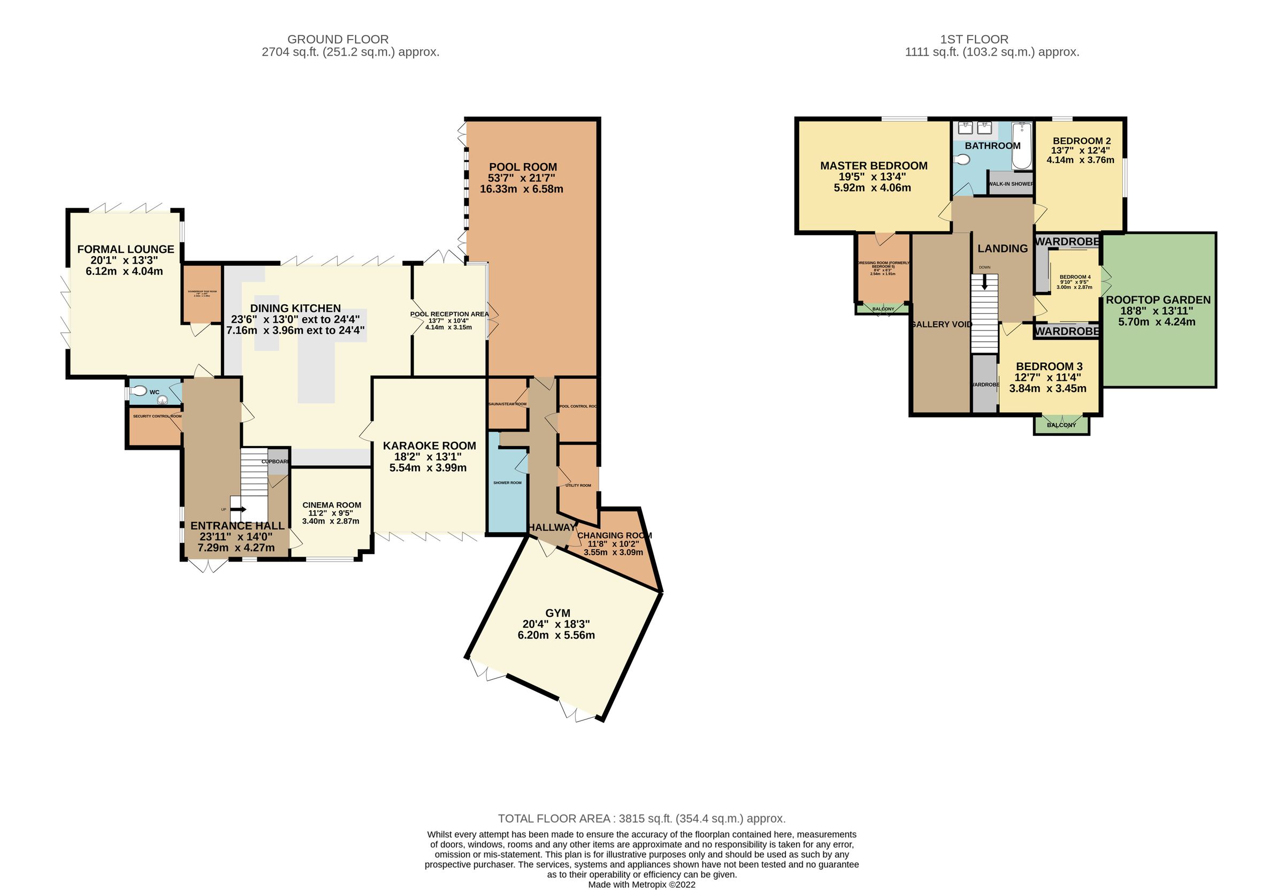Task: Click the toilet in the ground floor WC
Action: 138,391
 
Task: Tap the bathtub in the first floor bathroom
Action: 1022,146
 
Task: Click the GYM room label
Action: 558,612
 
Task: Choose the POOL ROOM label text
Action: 523,167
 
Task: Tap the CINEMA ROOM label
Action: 332,505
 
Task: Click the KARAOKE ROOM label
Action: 429,446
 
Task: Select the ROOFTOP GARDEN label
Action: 1158,300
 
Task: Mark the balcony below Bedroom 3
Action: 1061,425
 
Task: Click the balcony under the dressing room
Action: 883,309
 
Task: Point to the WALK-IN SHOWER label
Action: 1011,183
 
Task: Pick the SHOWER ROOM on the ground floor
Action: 507,482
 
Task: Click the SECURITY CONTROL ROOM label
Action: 157,416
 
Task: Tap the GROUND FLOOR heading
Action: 338,39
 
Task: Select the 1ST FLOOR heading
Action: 974,39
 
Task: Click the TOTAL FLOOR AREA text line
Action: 641,819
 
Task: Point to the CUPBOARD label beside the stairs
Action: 276,461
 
